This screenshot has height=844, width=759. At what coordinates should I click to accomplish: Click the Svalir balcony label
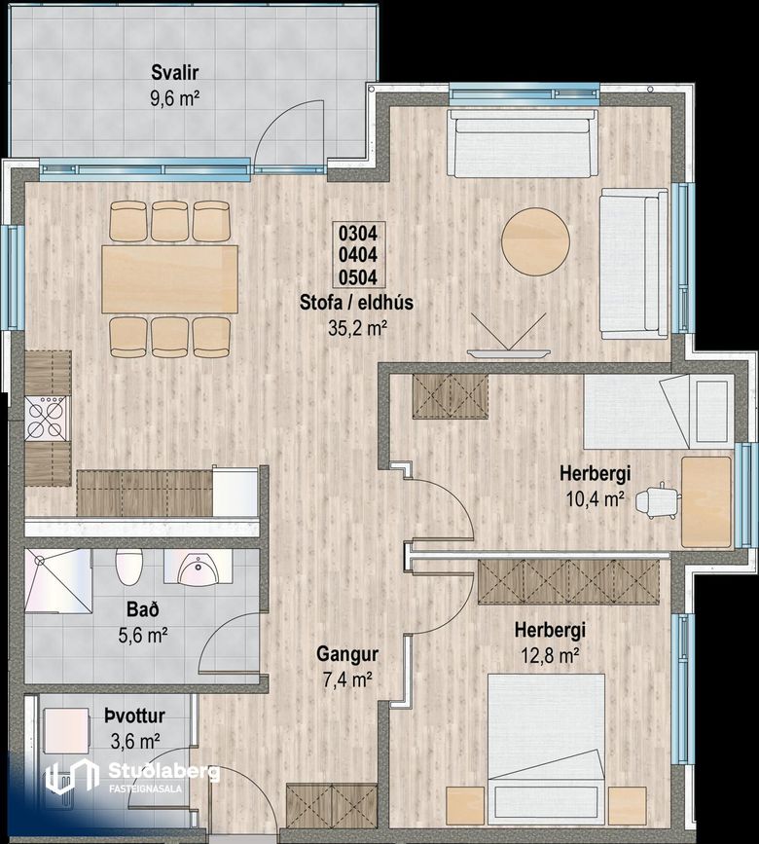[x=175, y=72]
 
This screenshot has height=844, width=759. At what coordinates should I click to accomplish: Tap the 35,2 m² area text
[x=358, y=328]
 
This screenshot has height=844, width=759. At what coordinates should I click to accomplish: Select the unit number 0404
[x=357, y=255]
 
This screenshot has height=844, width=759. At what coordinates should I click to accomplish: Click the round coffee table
[x=535, y=242]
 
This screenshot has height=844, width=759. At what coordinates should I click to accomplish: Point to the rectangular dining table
[x=170, y=278]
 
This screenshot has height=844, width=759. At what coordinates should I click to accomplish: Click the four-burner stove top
[x=46, y=419]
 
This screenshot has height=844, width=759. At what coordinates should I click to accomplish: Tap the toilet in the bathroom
[x=129, y=567]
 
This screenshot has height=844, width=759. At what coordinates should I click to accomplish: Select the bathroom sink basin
[x=197, y=570]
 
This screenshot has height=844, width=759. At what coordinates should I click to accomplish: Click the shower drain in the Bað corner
[x=39, y=561]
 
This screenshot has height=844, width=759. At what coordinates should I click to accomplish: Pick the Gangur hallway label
[x=347, y=654]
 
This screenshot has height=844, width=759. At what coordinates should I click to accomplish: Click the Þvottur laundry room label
[x=134, y=716]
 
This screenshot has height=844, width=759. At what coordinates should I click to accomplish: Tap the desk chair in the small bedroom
[x=656, y=500]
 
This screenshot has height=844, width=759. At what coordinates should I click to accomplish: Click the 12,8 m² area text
[x=550, y=655]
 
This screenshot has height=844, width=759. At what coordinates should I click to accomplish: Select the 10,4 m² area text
[x=595, y=499]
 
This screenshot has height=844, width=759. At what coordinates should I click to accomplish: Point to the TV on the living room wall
[x=509, y=353]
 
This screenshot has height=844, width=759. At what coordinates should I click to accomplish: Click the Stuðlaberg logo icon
[x=72, y=776]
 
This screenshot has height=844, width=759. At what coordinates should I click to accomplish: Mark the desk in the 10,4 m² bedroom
[x=706, y=501]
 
